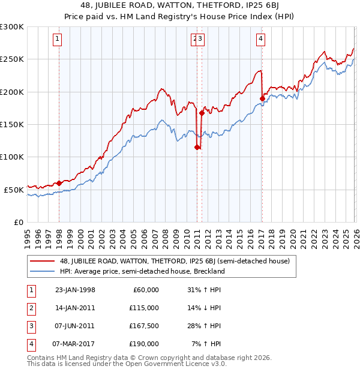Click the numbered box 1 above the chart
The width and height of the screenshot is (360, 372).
pos(57,40)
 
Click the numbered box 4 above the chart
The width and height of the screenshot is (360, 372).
pos(261,40)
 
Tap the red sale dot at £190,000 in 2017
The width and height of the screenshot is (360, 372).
pos(262,98)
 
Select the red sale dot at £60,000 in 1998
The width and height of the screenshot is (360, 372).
pos(59,183)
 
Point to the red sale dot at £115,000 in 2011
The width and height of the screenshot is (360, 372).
pos(197,147)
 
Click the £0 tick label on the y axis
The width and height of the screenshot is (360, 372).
pos(18,222)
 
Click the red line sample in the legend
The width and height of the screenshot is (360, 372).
pos(43,261)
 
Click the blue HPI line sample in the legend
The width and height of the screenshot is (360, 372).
pos(43,271)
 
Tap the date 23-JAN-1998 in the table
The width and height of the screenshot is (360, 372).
pos(75,290)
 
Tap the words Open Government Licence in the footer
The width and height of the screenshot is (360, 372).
pos(172,364)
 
